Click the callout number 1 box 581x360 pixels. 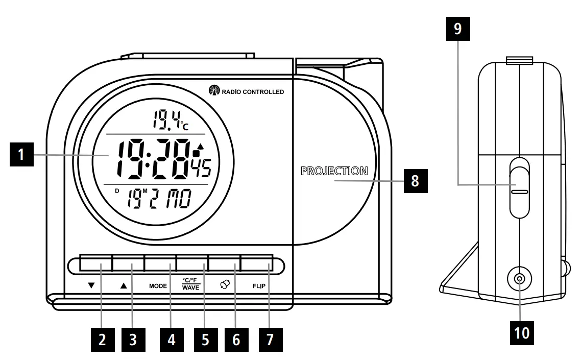(x=20, y=155)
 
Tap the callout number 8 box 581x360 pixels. (x=416, y=180)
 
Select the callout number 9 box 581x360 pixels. (x=457, y=29)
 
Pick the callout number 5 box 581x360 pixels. (x=205, y=339)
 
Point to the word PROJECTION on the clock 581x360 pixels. (x=334, y=171)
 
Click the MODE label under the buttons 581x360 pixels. (x=158, y=286)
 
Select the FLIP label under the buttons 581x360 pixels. (x=259, y=286)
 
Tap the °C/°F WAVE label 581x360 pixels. (x=191, y=284)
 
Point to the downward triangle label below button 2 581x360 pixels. (x=91, y=286)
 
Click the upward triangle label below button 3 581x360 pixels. (x=123, y=286)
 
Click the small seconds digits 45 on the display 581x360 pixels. (x=202, y=168)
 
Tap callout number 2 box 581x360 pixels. (x=103, y=339)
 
